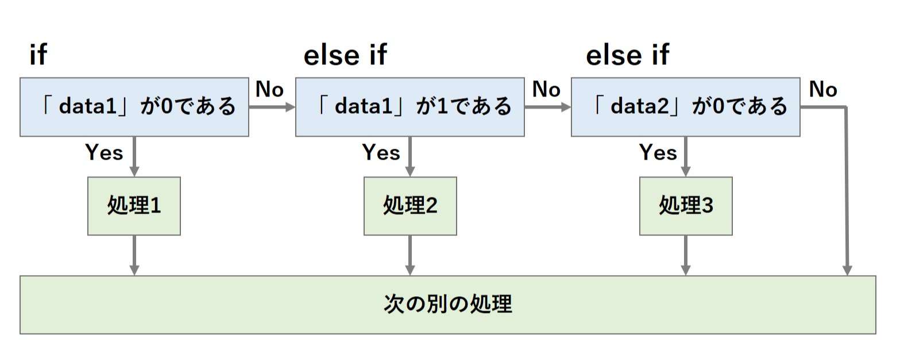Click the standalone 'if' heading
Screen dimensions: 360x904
pyautogui.click(x=38, y=55)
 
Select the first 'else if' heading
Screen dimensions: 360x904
pyautogui.click(x=345, y=55)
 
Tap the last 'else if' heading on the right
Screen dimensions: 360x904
pyautogui.click(x=627, y=55)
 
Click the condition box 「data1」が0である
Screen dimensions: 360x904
pyautogui.click(x=134, y=107)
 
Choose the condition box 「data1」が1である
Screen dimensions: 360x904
pyautogui.click(x=409, y=107)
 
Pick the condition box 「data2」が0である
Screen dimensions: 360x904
pyautogui.click(x=685, y=107)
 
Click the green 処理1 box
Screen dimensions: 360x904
pyautogui.click(x=134, y=206)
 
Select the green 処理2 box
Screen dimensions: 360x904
pyautogui.click(x=410, y=206)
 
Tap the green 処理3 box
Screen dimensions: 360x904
pyautogui.click(x=686, y=206)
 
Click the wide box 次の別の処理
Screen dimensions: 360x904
pyautogui.click(x=447, y=304)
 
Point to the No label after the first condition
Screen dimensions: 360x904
pyautogui.click(x=269, y=90)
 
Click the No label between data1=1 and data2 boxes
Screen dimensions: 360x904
pyautogui.click(x=546, y=90)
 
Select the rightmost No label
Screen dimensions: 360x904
pyautogui.click(x=823, y=90)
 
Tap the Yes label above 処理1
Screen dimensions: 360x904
pyautogui.click(x=104, y=153)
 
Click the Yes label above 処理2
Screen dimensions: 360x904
pyautogui.click(x=381, y=153)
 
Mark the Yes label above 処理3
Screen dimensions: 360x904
pyautogui.click(x=658, y=153)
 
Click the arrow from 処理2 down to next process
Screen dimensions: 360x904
pyautogui.click(x=410, y=256)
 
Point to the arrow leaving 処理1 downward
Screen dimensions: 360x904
pyautogui.click(x=134, y=256)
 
